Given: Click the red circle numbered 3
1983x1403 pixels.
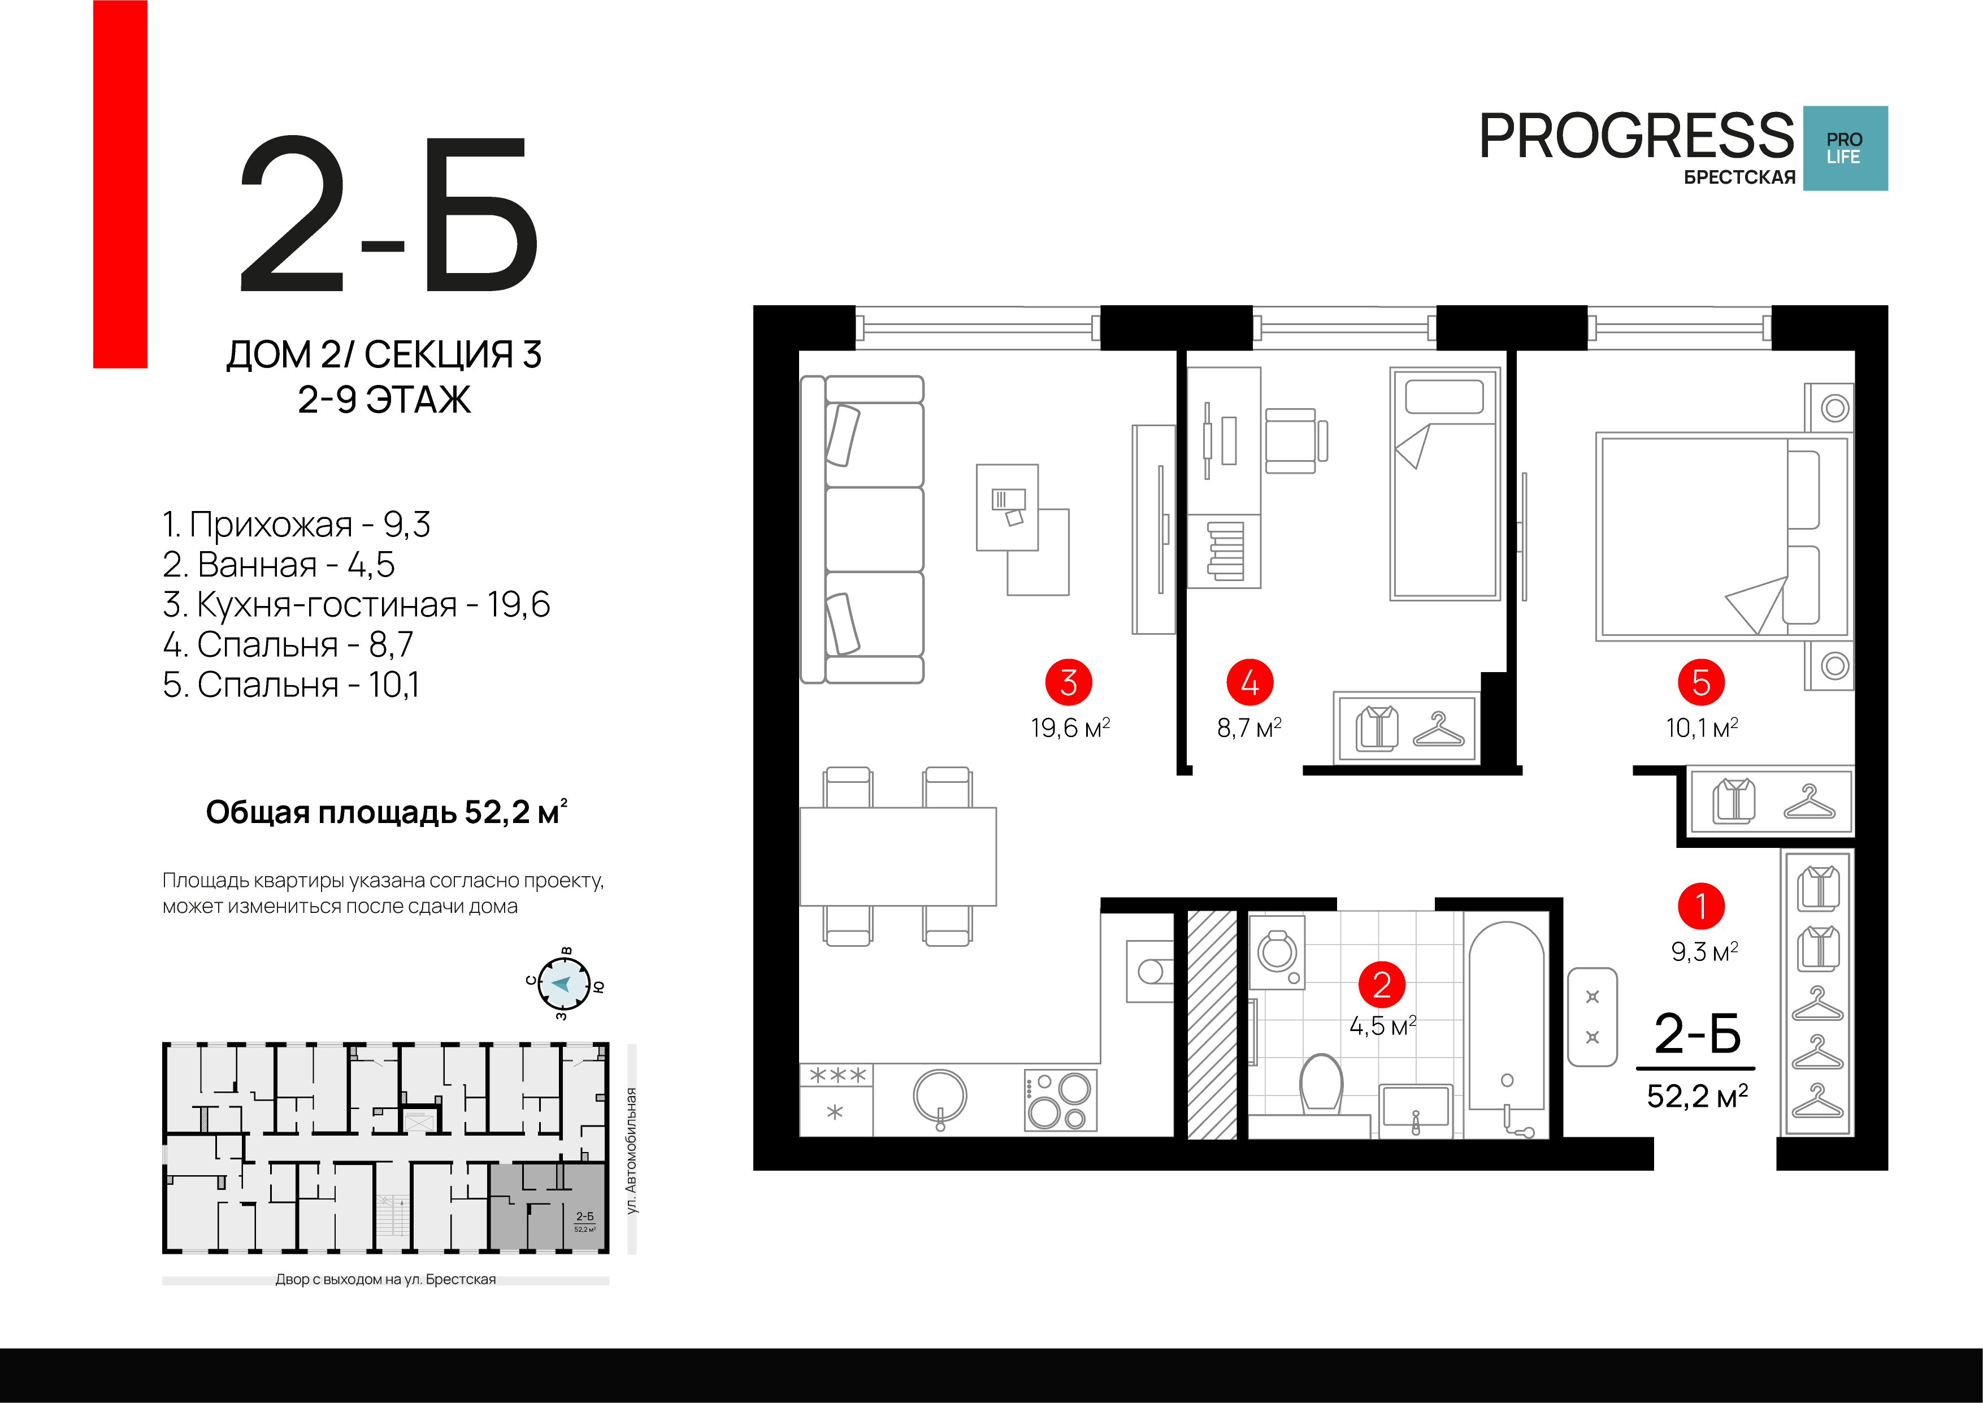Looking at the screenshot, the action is click(1069, 682).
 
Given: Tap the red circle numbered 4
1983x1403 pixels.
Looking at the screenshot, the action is click(1249, 682).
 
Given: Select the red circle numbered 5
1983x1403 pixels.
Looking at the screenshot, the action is click(1700, 682).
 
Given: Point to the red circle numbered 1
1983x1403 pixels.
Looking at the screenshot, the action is click(1700, 906).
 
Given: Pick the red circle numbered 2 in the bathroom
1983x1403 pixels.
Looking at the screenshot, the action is click(1382, 985).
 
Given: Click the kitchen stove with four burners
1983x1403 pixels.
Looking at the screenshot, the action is click(1061, 1101).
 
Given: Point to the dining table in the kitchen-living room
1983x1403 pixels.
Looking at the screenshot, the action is click(898, 856).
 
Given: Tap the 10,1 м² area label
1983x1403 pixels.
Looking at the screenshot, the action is click(1702, 728).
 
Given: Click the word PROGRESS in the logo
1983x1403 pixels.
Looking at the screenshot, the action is click(1637, 136).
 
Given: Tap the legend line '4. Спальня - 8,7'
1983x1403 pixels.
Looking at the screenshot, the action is click(288, 644).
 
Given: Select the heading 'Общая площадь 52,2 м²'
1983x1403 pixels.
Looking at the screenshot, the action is click(386, 812).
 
